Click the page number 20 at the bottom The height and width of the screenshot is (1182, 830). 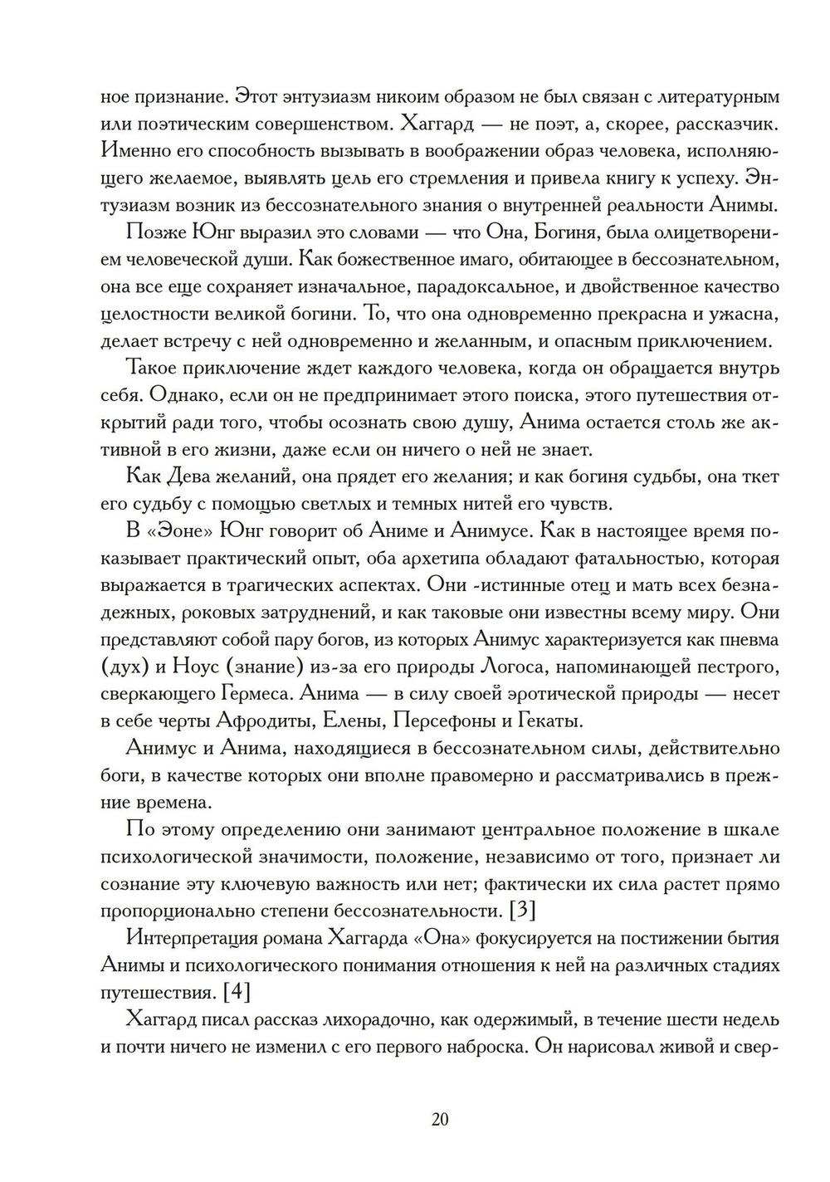click(x=440, y=1119)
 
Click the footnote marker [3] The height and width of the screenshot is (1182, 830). click(x=520, y=910)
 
